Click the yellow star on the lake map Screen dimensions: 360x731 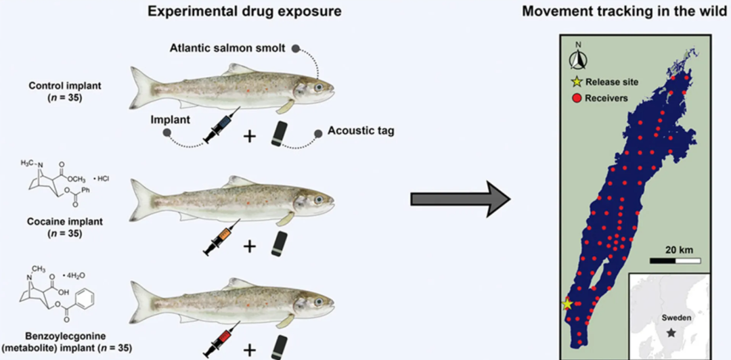click(567, 305)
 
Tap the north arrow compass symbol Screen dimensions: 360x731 click(577, 59)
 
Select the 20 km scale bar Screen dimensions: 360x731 click(675, 260)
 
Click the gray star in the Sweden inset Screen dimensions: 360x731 click(671, 332)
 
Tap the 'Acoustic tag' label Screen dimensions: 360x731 click(360, 132)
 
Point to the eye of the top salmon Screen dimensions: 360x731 click(318, 88)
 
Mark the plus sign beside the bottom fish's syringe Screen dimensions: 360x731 click(250, 349)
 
